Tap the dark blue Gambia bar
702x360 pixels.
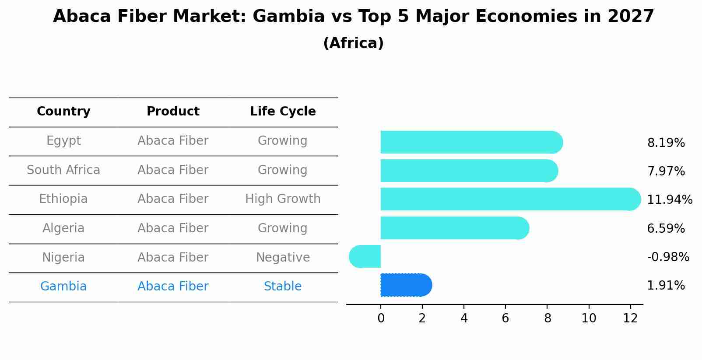click(x=405, y=285)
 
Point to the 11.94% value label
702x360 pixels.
click(x=669, y=200)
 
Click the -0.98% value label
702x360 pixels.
click(x=668, y=257)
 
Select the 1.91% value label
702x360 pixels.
click(x=666, y=286)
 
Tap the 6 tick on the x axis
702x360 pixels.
click(x=505, y=318)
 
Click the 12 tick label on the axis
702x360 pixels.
click(x=630, y=318)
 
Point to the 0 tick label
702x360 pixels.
click(x=381, y=318)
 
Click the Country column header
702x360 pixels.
click(x=63, y=112)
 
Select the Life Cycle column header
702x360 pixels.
click(x=283, y=112)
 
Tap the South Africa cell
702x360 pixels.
click(x=63, y=170)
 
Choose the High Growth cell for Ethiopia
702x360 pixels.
click(x=283, y=199)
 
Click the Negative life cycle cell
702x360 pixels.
click(x=283, y=258)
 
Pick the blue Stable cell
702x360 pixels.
click(x=283, y=287)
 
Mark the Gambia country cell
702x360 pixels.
click(x=63, y=287)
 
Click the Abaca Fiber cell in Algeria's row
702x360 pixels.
click(x=173, y=228)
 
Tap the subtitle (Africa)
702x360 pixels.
click(x=353, y=43)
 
